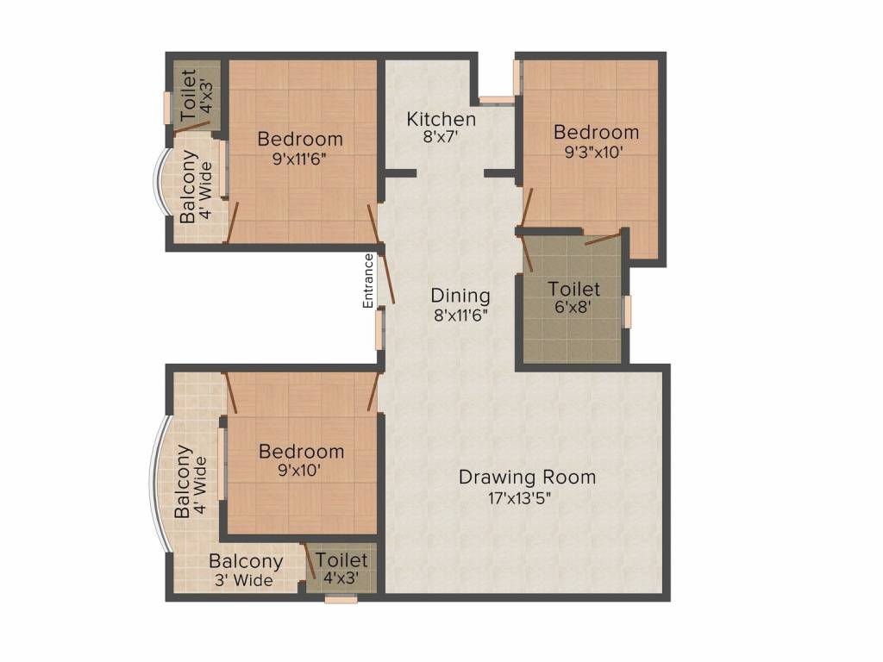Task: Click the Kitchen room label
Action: (441, 119)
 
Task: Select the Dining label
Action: (460, 296)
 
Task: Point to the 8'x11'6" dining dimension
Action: (460, 315)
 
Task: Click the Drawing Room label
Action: (527, 477)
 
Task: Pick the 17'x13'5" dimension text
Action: (527, 497)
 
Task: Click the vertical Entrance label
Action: (368, 281)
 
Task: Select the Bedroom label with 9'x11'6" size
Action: (300, 138)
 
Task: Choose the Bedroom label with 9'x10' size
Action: (301, 451)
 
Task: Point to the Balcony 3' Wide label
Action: (245, 571)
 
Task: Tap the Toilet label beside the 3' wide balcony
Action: (341, 560)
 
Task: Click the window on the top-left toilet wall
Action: (169, 108)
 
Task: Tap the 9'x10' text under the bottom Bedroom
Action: (301, 471)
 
